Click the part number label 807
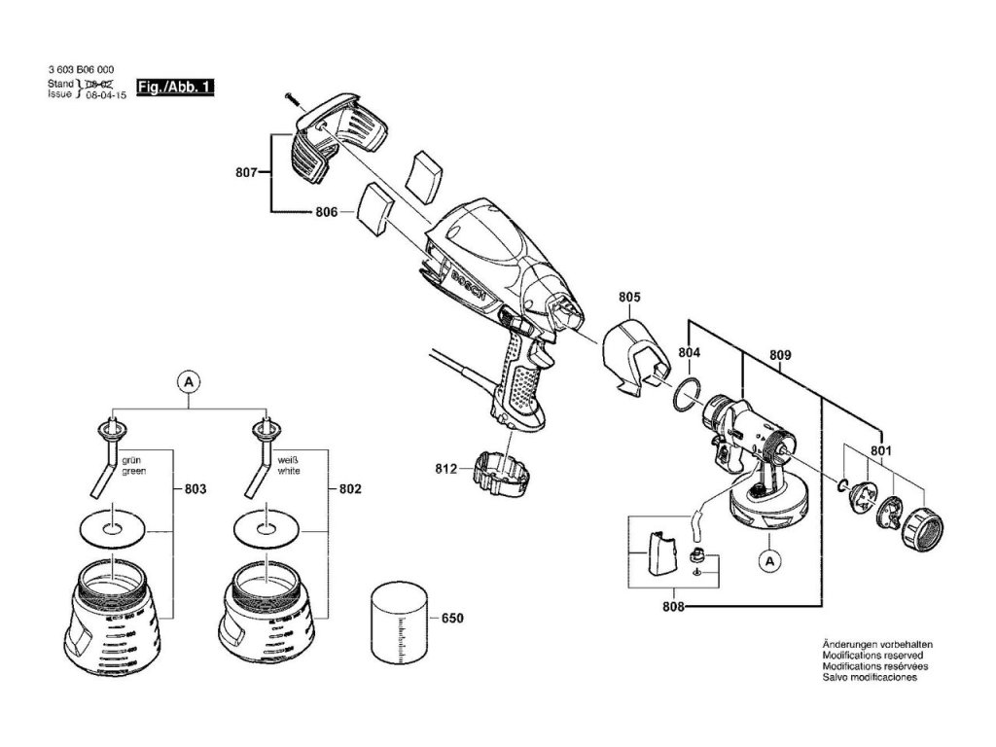click(246, 173)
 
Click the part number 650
click(452, 618)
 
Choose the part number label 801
click(880, 450)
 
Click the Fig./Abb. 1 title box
click(174, 88)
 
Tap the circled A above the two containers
click(190, 383)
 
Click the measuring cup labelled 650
click(398, 622)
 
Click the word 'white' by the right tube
click(289, 471)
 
